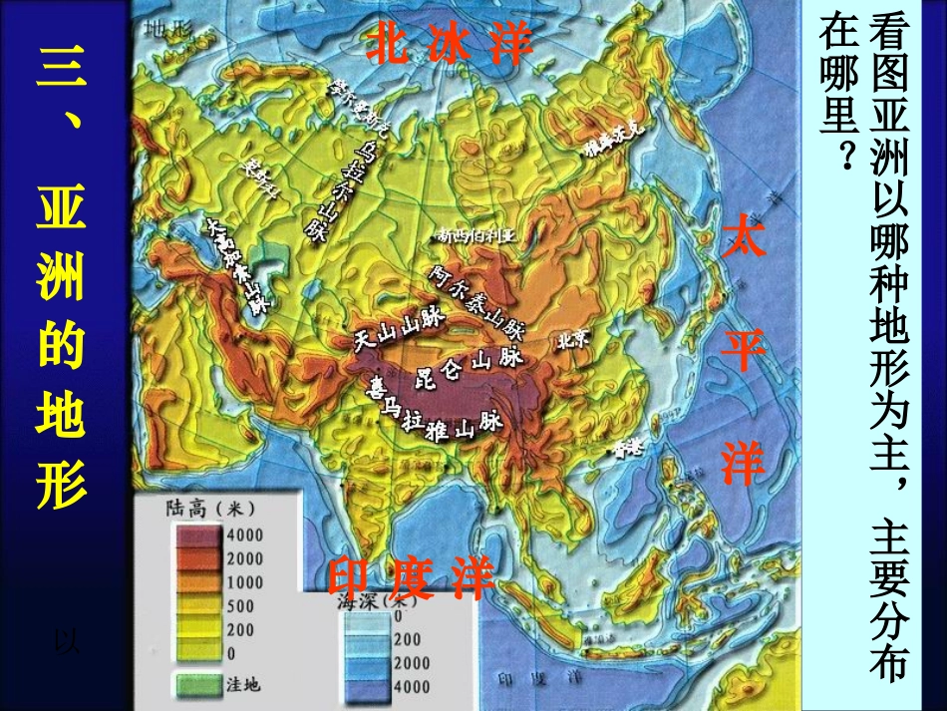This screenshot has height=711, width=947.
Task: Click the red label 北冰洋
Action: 449,46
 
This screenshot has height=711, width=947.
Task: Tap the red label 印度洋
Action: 412,579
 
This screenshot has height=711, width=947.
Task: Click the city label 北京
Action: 574,339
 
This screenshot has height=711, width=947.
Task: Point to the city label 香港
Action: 628,448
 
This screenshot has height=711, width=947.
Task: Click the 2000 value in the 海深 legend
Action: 411,663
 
